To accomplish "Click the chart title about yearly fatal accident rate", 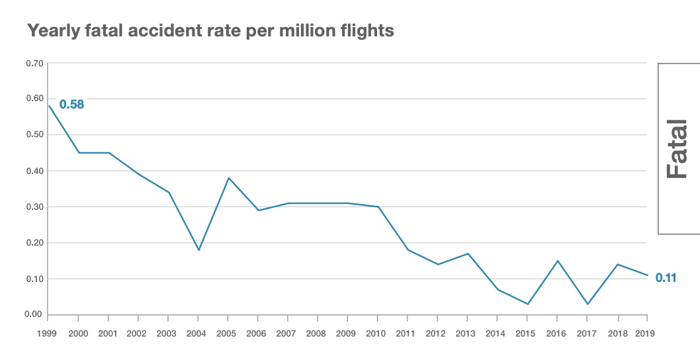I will click(210, 30).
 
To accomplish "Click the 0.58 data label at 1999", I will click(71, 105).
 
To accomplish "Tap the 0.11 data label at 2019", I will click(666, 279).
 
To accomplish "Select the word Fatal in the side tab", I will click(678, 149).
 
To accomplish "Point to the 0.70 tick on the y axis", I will click(34, 64).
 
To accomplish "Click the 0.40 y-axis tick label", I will click(34, 171).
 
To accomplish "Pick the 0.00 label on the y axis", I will click(34, 314).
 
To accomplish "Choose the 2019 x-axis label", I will click(645, 334).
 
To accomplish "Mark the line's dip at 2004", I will click(198, 249).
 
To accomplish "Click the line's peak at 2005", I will click(229, 178).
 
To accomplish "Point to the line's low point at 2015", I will click(527, 304).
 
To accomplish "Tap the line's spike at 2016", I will click(558, 261).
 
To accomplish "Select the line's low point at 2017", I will click(588, 304).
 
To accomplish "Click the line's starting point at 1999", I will click(49, 106).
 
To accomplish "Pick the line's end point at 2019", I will click(647, 275).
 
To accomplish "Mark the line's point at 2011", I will click(408, 249).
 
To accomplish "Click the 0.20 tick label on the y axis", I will click(34, 243).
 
